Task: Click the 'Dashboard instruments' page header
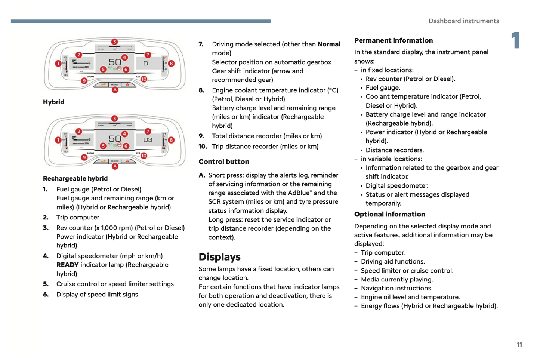tap(463, 21)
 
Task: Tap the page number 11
tap(519, 344)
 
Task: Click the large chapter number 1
tap(516, 40)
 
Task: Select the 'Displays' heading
tap(219, 257)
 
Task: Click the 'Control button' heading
tap(223, 161)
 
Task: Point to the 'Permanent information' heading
tap(393, 40)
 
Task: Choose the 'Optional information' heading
tap(389, 214)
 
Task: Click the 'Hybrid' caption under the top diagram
tap(53, 102)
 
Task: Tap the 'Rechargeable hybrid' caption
tap(75, 178)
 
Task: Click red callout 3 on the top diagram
tap(115, 42)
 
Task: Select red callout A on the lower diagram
tap(115, 166)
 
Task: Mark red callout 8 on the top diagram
tap(171, 64)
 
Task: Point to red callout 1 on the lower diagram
tap(58, 140)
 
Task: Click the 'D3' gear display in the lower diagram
tap(148, 140)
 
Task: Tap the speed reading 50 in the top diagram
tap(115, 62)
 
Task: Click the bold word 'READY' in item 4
tap(67, 265)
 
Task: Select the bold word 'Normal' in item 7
tap(329, 44)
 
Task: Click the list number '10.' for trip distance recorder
tap(203, 147)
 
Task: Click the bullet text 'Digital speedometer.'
tap(397, 185)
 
